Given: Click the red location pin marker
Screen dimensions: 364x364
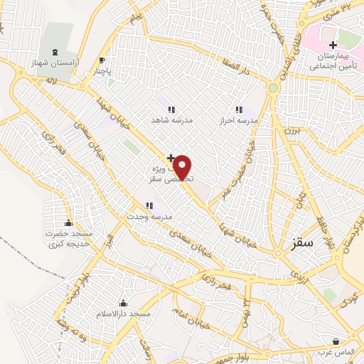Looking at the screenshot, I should (x=183, y=168).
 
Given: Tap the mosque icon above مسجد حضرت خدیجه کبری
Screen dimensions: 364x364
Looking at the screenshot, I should (x=68, y=223).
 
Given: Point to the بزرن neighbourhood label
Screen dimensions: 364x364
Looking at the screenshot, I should (x=292, y=132).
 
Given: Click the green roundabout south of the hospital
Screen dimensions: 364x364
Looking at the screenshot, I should (x=273, y=88).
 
